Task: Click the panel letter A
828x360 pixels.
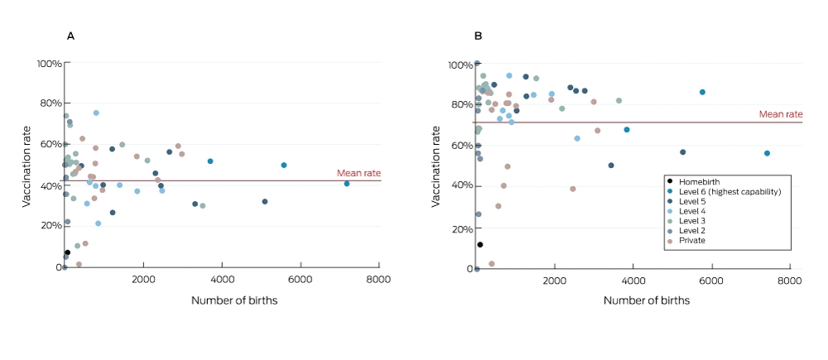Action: tap(70, 36)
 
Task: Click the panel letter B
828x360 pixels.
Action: tap(479, 36)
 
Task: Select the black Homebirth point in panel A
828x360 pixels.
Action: tap(68, 252)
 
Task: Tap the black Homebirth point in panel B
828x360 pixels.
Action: tap(480, 244)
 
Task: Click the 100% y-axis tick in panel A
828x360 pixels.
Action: tap(51, 64)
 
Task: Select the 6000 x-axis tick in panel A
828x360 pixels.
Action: tap(301, 280)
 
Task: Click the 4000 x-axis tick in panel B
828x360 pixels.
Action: tap(633, 281)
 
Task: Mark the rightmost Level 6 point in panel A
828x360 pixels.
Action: tap(347, 184)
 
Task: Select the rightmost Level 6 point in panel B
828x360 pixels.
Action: tap(767, 153)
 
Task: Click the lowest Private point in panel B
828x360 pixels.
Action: tap(492, 263)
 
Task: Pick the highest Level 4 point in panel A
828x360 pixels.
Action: tap(96, 113)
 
